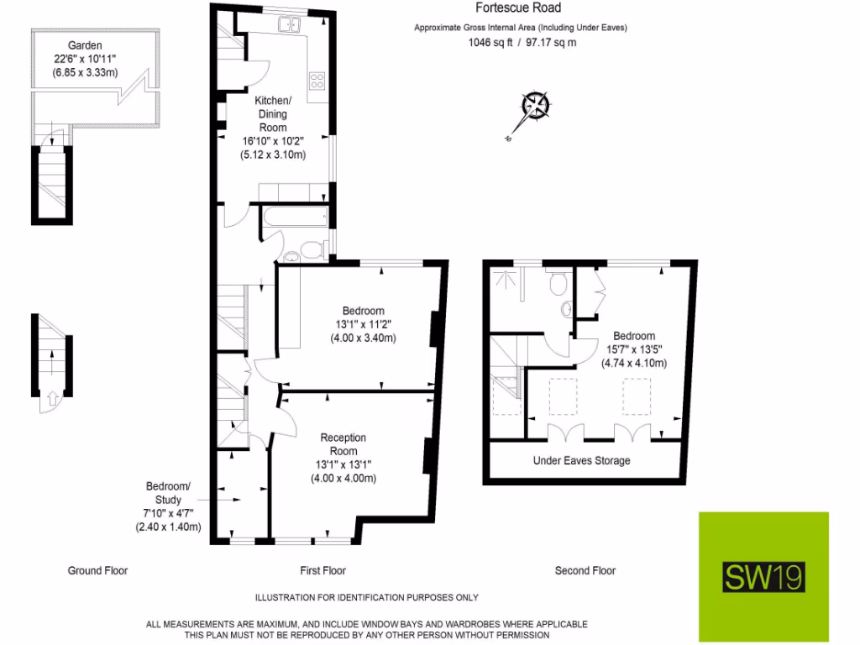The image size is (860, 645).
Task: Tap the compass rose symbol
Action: pyautogui.click(x=535, y=106)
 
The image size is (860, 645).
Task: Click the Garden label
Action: pyautogui.click(x=86, y=45)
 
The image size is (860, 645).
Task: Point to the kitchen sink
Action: pyautogui.click(x=291, y=24)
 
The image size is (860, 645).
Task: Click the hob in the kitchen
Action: pyautogui.click(x=318, y=81)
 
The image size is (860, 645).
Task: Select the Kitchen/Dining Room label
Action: pyautogui.click(x=272, y=114)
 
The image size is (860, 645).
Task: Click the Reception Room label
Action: pyautogui.click(x=343, y=444)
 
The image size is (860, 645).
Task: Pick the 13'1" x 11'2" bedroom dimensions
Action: pyautogui.click(x=363, y=324)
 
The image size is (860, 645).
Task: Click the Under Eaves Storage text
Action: pyautogui.click(x=581, y=461)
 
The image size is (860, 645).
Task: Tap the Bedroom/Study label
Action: pyautogui.click(x=169, y=493)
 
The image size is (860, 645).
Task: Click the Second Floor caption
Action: pyautogui.click(x=585, y=571)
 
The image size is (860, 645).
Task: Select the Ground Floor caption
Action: pyautogui.click(x=97, y=571)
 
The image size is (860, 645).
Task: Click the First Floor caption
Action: pyautogui.click(x=323, y=571)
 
